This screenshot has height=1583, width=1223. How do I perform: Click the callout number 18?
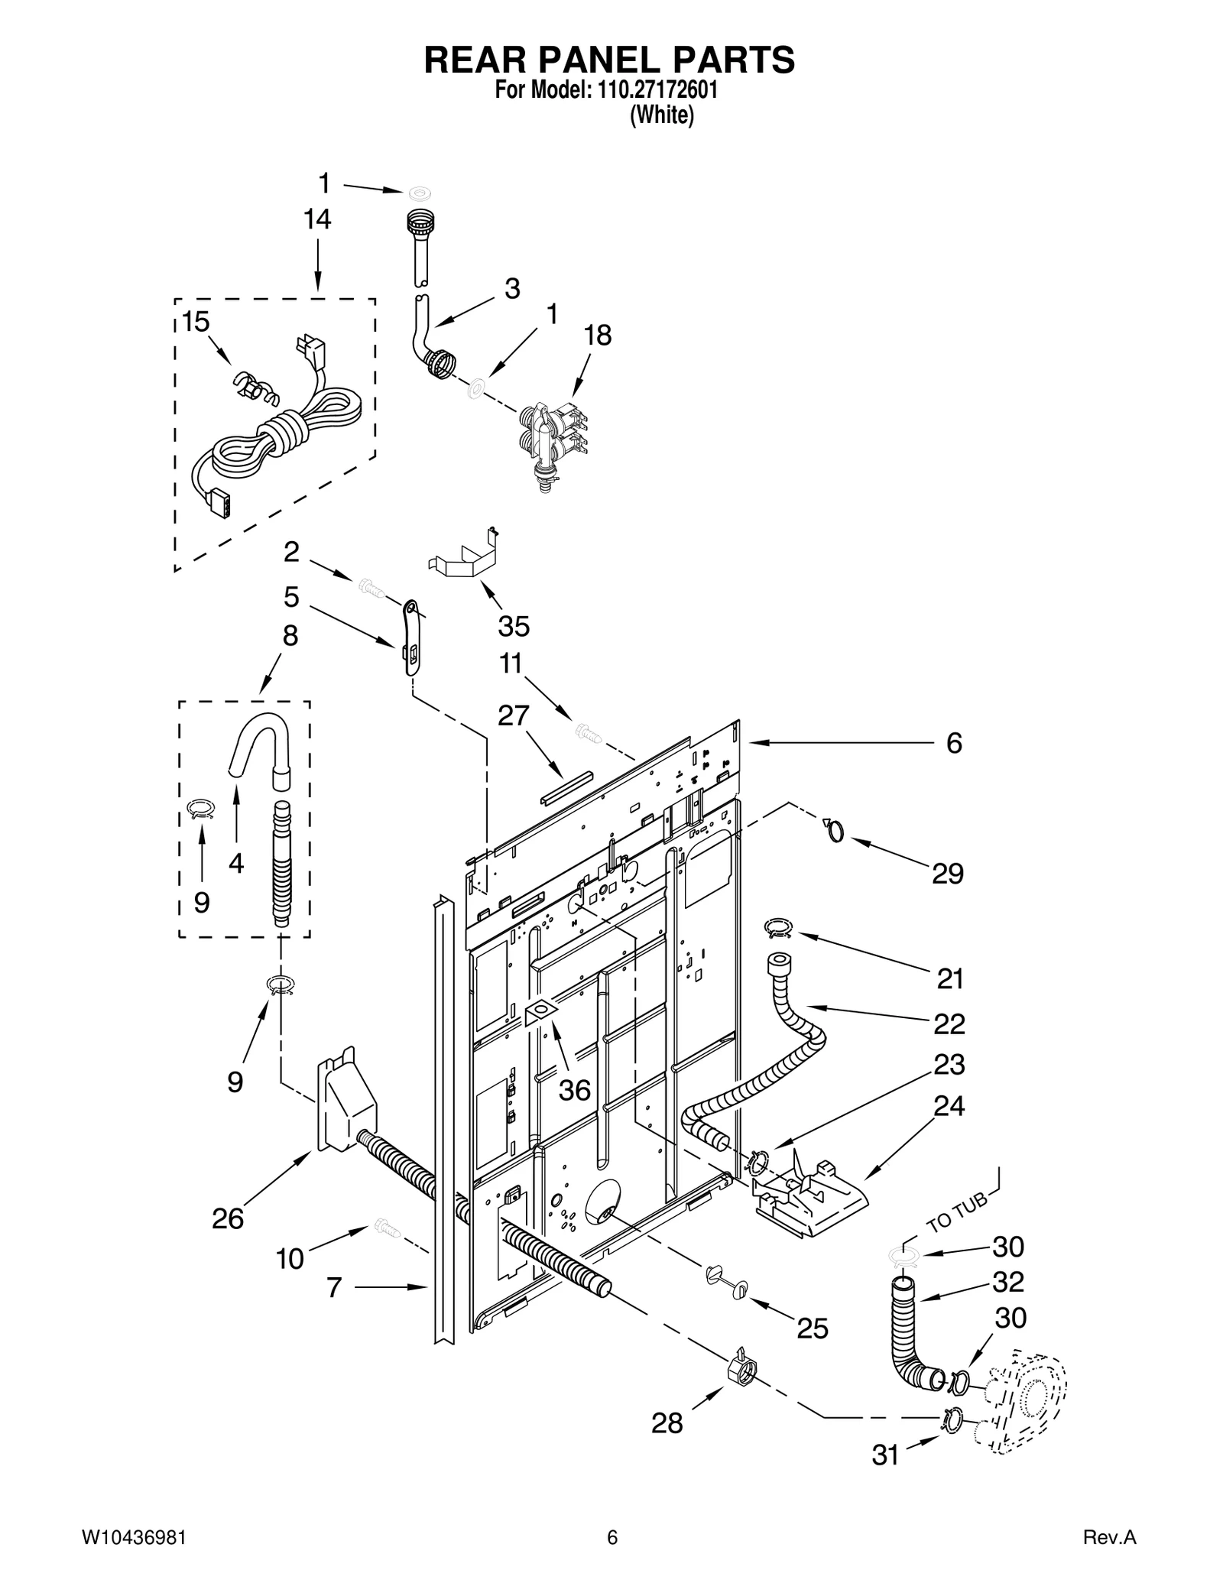(x=598, y=335)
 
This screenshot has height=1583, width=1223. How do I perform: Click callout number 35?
(x=514, y=626)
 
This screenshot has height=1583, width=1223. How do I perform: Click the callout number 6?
(x=954, y=743)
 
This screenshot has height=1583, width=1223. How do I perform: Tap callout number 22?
(x=949, y=1023)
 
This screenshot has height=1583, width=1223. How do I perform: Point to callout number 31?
(x=886, y=1456)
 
